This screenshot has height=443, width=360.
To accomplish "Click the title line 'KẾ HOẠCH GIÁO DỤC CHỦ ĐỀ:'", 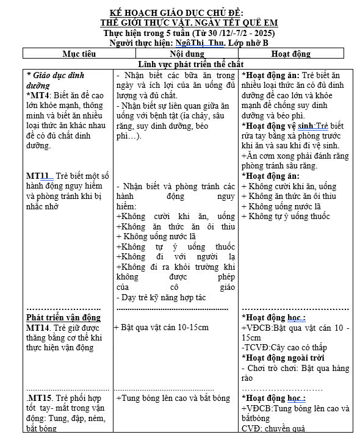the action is click(x=181, y=13).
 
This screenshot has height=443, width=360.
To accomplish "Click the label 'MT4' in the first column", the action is click(x=38, y=96).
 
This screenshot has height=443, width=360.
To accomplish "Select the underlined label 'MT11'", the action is click(x=38, y=176).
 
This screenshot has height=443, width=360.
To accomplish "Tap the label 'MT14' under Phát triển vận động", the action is click(x=41, y=328).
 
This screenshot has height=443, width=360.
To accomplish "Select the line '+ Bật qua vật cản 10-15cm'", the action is click(x=162, y=328).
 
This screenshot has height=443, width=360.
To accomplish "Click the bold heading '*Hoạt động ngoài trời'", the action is click(x=283, y=358).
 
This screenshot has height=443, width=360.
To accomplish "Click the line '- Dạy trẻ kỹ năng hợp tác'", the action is click(x=154, y=297).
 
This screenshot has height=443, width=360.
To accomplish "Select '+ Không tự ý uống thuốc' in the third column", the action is click(x=286, y=217).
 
